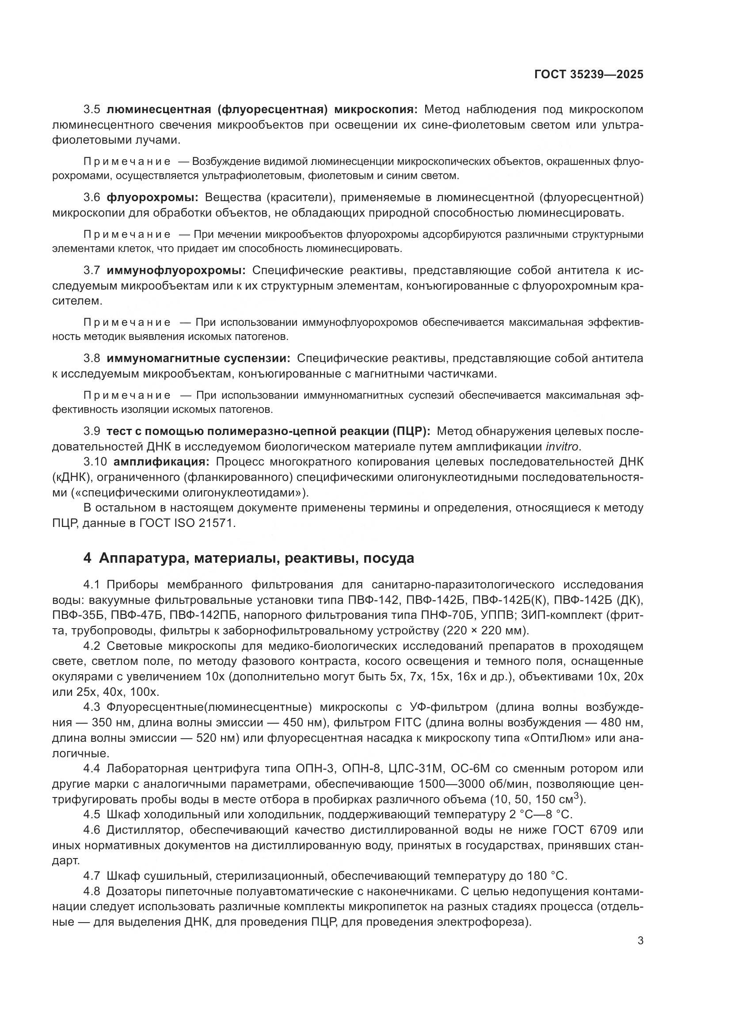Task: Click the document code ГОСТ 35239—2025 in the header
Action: [x=589, y=75]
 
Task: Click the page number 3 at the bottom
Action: [x=640, y=941]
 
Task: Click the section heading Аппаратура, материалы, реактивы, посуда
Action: [x=256, y=558]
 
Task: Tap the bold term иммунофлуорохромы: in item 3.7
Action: [x=176, y=270]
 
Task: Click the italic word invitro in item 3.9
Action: [x=563, y=447]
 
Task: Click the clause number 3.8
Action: [x=92, y=359]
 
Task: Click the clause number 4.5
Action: [x=92, y=814]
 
